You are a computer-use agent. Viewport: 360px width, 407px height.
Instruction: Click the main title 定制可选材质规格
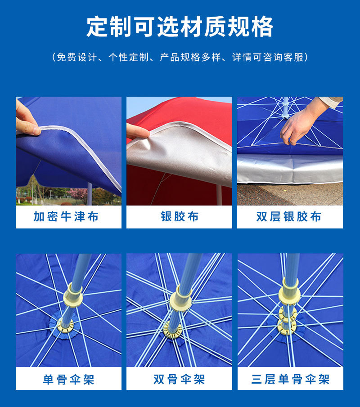(x=180, y=27)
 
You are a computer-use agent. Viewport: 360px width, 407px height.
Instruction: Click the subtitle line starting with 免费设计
(x=180, y=57)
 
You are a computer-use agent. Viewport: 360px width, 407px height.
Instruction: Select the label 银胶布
(x=180, y=217)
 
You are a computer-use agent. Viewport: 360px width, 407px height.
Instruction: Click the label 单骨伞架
(x=68, y=379)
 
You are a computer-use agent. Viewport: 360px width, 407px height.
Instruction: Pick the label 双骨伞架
(x=179, y=379)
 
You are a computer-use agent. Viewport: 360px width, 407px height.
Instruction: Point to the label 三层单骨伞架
(x=290, y=379)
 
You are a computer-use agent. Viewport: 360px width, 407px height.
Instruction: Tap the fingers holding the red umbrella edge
(x=137, y=131)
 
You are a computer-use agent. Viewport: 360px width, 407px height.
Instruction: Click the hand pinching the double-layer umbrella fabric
(x=299, y=124)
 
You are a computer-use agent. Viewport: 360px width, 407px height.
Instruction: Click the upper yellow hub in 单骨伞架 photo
(x=75, y=295)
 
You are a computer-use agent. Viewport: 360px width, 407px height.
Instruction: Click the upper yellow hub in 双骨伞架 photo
(x=183, y=297)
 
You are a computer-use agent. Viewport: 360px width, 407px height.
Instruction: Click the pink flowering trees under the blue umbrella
(x=76, y=193)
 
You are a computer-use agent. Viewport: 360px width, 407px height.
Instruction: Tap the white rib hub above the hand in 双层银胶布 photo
(x=285, y=115)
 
